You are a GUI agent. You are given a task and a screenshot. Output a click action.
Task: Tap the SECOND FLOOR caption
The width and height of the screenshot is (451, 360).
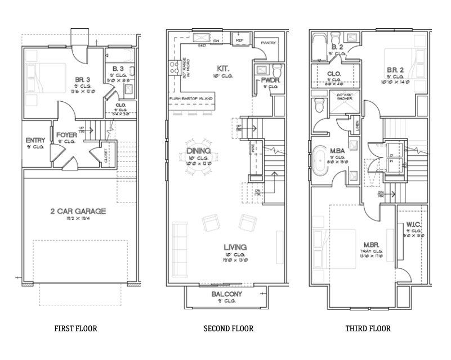coord(228,328)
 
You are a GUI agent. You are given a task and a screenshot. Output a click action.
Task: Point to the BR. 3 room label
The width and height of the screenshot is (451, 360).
coord(83,79)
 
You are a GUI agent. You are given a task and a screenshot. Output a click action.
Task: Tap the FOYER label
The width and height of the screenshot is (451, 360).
coord(67,135)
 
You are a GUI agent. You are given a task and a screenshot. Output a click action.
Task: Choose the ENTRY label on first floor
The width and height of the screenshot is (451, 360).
coord(36,140)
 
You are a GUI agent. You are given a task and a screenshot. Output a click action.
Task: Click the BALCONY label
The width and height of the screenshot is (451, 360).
coord(226,294)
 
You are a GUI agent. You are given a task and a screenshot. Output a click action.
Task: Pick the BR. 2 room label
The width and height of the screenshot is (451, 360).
coord(395,70)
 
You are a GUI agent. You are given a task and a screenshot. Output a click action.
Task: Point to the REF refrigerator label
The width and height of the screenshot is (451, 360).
coord(239,41)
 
